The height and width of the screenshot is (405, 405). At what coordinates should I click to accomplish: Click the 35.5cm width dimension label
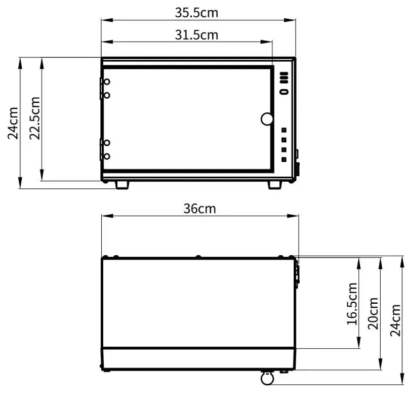[x=196, y=13]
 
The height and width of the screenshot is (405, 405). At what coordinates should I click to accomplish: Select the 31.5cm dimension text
[x=196, y=34]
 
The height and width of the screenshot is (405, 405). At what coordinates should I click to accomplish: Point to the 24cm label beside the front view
[x=13, y=123]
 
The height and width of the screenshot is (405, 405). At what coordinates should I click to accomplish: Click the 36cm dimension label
[x=199, y=209]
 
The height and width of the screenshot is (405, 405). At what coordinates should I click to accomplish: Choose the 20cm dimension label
[x=374, y=313]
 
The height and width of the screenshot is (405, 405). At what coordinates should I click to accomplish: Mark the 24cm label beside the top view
[x=396, y=320]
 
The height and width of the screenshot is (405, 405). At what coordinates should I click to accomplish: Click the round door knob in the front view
[x=267, y=119]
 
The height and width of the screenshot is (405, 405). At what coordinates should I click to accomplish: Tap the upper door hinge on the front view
[x=105, y=88]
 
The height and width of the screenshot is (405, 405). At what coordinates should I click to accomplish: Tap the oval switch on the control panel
[x=284, y=92]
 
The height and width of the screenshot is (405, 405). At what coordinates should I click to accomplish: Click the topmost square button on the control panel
[x=284, y=130]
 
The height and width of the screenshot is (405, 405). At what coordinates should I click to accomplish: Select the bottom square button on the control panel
[x=284, y=159]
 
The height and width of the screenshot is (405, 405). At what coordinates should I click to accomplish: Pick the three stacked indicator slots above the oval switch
[x=284, y=78]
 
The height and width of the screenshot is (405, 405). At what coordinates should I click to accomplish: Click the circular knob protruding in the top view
[x=267, y=378]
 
